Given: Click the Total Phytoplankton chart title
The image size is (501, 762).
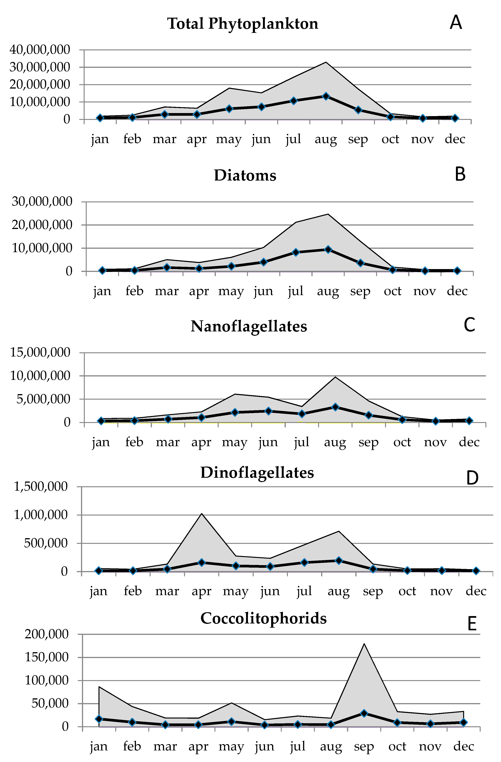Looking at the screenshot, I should [242, 24].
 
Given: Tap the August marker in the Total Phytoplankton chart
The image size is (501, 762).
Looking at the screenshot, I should [326, 96].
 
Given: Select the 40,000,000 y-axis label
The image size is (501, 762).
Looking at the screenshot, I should [40, 50].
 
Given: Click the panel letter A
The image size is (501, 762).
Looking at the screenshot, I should [456, 22].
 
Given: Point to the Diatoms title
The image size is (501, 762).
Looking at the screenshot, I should [245, 175].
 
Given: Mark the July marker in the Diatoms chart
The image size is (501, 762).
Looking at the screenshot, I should [296, 252].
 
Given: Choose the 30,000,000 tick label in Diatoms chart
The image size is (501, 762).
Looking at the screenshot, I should [42, 202].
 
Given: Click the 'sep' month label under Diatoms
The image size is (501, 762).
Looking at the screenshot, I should [360, 291].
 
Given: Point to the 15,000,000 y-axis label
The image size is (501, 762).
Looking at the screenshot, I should [40, 352].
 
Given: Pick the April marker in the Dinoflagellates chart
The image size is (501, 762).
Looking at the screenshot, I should [202, 562].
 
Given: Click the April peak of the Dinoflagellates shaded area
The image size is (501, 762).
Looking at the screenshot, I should [202, 514].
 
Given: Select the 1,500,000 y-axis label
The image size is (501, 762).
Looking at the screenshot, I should [41, 487].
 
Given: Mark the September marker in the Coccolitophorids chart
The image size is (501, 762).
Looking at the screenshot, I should [364, 713].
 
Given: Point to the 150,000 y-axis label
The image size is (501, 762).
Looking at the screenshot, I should [47, 657].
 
